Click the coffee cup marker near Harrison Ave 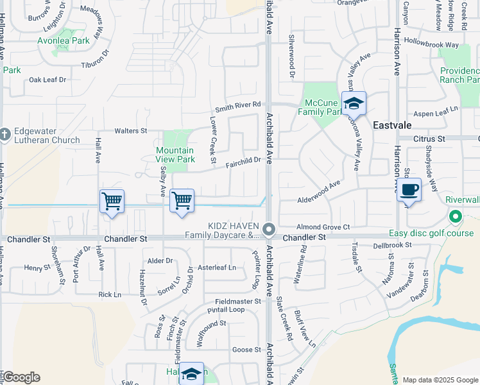(409, 190)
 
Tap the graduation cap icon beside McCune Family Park (354, 103)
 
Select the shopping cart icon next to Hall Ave (112, 201)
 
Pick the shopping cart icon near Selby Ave (182, 201)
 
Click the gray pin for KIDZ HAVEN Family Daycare (270, 229)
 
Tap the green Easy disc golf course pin (456, 217)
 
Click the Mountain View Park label (175, 155)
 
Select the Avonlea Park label (71, 40)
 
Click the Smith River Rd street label (238, 105)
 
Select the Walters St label (131, 131)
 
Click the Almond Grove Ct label (323, 227)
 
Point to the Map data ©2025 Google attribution (440, 380)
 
